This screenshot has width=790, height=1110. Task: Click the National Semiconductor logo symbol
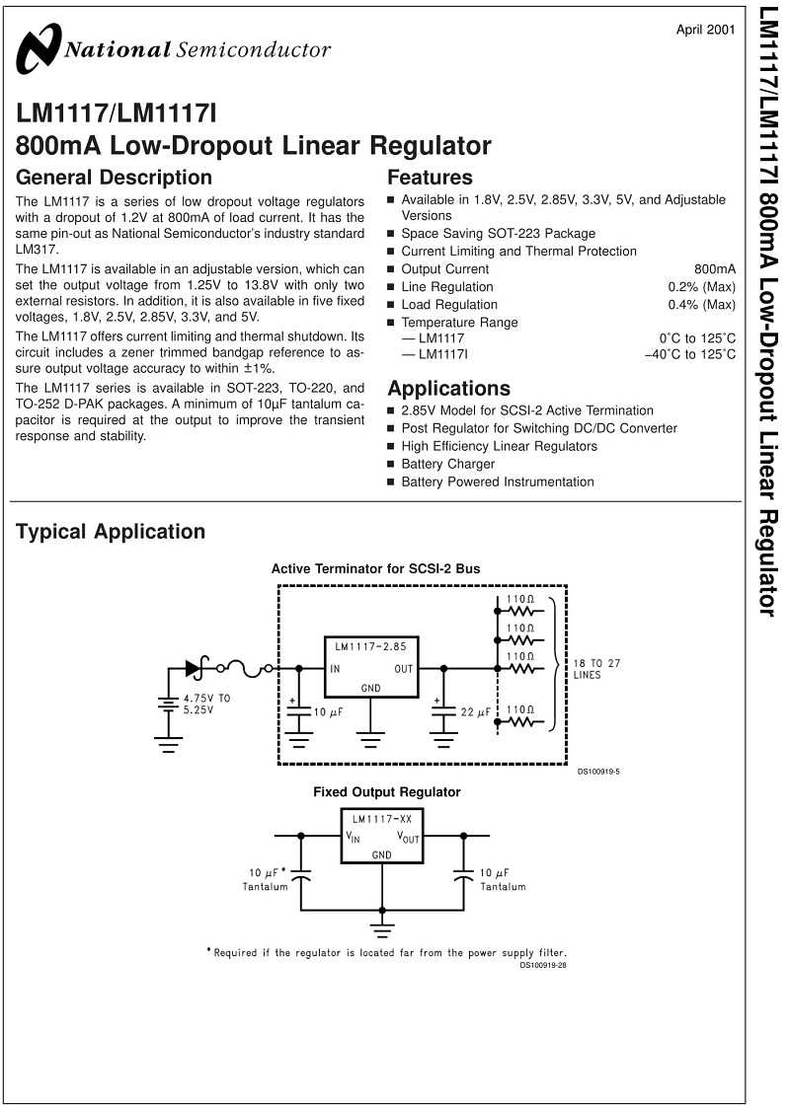point(39,48)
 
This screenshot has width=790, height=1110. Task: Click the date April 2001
point(705,30)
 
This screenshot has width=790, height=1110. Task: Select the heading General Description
point(115,177)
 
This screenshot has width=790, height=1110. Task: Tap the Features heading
point(431,177)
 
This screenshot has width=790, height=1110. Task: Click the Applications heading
point(448,388)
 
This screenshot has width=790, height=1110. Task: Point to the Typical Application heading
point(111,531)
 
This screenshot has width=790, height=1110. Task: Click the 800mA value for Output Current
point(715,269)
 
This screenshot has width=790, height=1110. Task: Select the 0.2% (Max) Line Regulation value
point(701,287)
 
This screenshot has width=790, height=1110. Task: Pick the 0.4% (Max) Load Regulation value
point(701,305)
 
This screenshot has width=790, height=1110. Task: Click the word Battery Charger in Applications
point(447,464)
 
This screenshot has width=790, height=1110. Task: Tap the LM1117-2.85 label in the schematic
point(370,645)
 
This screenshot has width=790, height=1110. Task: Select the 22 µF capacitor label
point(475,711)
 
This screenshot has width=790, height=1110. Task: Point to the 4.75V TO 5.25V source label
point(206,703)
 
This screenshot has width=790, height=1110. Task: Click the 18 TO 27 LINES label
point(596,669)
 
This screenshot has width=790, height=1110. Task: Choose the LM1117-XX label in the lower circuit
point(382,819)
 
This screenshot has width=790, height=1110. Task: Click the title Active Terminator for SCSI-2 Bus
point(375,568)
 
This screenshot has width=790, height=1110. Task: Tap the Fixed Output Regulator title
point(387,791)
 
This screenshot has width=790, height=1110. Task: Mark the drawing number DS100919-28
point(543,965)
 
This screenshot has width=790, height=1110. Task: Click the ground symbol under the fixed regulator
point(382,927)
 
